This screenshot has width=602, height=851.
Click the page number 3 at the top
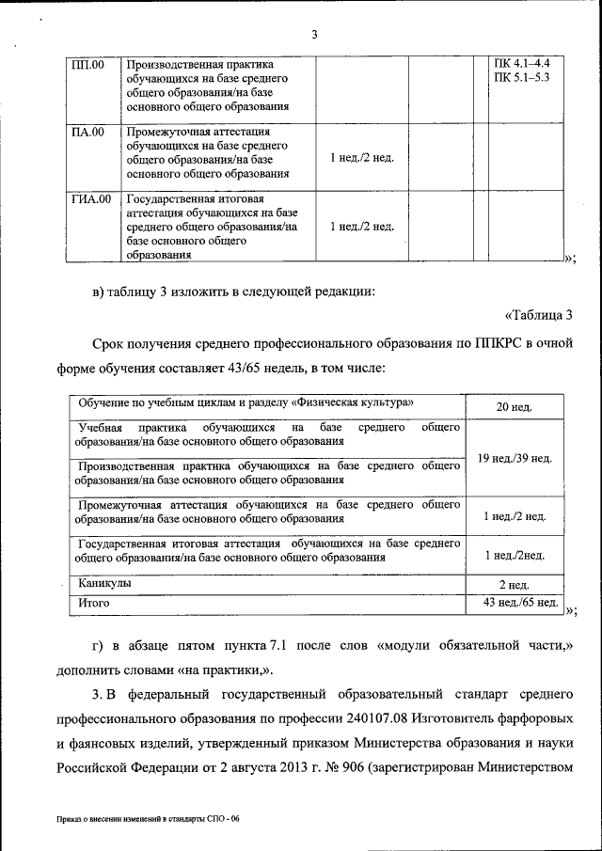click(315, 35)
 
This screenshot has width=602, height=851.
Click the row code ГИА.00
click(91, 199)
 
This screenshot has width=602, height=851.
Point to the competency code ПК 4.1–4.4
click(521, 64)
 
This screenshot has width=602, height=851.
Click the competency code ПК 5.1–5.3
click(521, 77)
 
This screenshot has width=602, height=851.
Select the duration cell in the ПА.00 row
click(361, 158)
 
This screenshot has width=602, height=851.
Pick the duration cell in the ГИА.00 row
click(361, 227)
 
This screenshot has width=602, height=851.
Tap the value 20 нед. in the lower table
click(514, 407)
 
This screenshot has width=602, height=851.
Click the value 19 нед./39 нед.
click(515, 458)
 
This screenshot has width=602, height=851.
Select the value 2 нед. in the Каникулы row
click(514, 584)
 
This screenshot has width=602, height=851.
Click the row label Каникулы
click(104, 583)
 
